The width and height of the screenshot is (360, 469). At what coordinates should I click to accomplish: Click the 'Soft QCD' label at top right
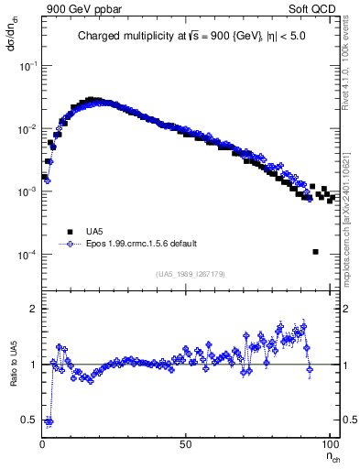coord(315,8)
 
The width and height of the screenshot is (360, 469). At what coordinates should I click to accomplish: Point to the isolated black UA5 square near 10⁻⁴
coord(315,252)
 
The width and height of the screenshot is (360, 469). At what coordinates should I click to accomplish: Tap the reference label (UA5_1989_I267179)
coord(188,274)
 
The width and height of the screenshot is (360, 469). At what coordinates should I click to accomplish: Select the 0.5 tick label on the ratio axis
coord(29,420)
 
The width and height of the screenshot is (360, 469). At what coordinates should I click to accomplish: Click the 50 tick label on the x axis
coord(186,443)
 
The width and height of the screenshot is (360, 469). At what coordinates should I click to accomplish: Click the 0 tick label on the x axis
coord(43,443)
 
